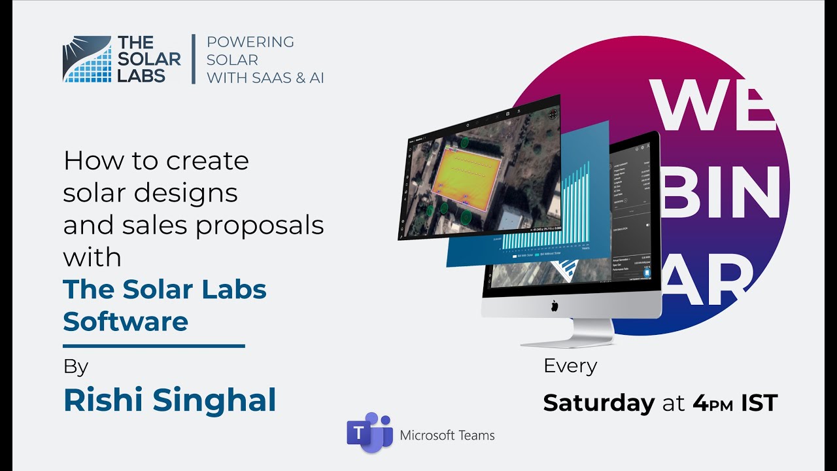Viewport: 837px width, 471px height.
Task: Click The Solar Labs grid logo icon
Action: coord(87,60)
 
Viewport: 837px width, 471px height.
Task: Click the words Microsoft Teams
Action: coord(447,435)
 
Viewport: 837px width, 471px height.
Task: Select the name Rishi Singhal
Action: coord(169,400)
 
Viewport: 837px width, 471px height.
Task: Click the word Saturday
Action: coord(598,403)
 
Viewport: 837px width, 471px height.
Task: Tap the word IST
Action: coord(759,403)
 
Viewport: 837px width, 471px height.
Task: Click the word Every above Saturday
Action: coord(570,366)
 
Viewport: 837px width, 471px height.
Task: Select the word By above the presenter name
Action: coord(76,367)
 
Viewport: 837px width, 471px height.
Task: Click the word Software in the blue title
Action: coord(126,321)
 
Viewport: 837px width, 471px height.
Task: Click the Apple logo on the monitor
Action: coord(554,305)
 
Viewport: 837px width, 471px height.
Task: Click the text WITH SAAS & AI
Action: coord(265,78)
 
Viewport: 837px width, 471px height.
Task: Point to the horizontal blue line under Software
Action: coord(154,345)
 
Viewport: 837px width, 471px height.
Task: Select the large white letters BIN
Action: coord(719,190)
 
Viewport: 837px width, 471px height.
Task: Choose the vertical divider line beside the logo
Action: coord(193,60)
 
